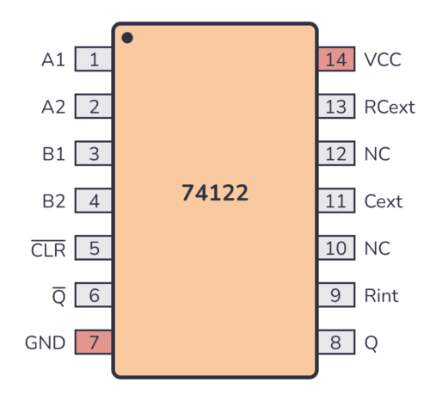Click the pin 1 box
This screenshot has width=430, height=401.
94,59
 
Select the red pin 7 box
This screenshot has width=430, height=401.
94,342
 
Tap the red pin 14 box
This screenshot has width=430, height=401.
336,59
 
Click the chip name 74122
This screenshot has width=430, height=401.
215,193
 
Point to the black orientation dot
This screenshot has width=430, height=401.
127,38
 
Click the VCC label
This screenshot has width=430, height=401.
384,59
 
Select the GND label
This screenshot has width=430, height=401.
46,342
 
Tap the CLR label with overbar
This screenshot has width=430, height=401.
48,249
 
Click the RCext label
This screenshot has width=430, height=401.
390,107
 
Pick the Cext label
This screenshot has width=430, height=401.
384,201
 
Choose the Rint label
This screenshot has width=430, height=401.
382,296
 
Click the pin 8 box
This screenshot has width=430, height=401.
336,342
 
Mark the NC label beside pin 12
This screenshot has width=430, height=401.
377,154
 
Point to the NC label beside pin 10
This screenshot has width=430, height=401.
377,249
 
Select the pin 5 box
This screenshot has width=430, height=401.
94,249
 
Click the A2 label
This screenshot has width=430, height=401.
53,107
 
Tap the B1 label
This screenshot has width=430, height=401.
53,154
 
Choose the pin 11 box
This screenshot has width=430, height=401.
336,201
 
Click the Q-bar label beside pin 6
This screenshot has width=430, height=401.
58,295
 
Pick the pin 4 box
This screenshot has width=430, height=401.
94,201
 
